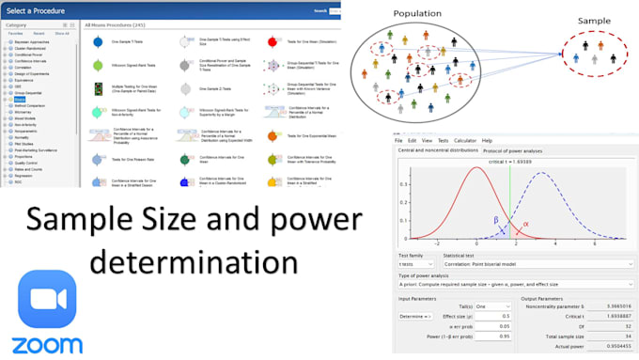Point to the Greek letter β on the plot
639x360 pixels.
pyautogui.click(x=496, y=218)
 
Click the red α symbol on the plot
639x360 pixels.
pyautogui.click(x=525, y=224)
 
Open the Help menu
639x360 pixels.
pyautogui.click(x=487, y=141)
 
